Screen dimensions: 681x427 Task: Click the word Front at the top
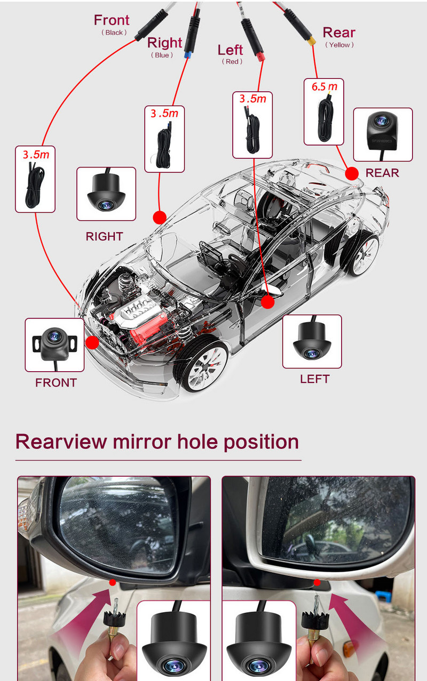(x=112, y=20)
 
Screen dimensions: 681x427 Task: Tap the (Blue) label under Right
(x=162, y=55)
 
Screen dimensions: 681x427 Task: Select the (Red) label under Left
(x=232, y=62)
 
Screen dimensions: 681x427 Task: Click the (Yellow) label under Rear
(x=339, y=45)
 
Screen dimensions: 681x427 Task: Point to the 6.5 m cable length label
(x=325, y=86)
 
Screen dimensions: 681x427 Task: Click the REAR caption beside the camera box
(x=382, y=173)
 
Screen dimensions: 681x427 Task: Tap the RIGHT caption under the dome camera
(x=104, y=236)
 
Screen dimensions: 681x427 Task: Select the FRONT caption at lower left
(x=56, y=382)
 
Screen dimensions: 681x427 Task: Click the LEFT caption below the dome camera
(x=315, y=379)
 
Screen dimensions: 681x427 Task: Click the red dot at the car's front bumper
(x=92, y=342)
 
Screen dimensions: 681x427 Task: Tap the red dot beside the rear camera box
(x=352, y=173)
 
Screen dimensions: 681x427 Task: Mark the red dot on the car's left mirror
(x=268, y=302)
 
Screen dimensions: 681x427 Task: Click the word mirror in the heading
(x=142, y=442)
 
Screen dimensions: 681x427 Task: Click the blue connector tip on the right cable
(x=187, y=54)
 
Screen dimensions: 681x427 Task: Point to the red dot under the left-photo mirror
(x=113, y=582)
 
